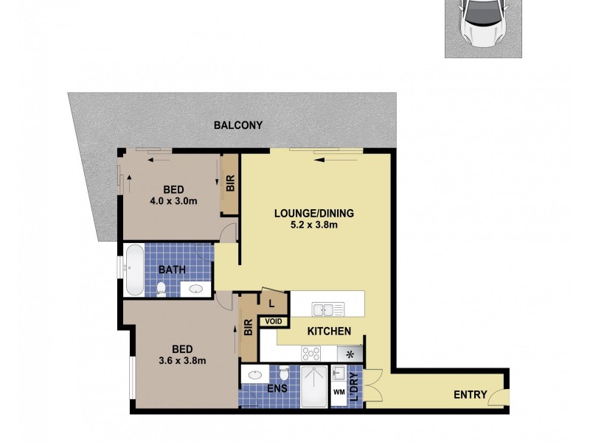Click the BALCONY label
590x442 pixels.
237,125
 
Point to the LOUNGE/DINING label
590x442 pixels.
314,214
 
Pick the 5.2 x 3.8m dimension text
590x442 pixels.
314,225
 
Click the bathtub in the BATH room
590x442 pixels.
134,269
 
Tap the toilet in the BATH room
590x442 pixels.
162,288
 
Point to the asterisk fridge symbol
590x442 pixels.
351,354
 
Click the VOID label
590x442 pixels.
274,321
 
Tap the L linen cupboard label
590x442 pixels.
271,303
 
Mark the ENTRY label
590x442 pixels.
471,395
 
